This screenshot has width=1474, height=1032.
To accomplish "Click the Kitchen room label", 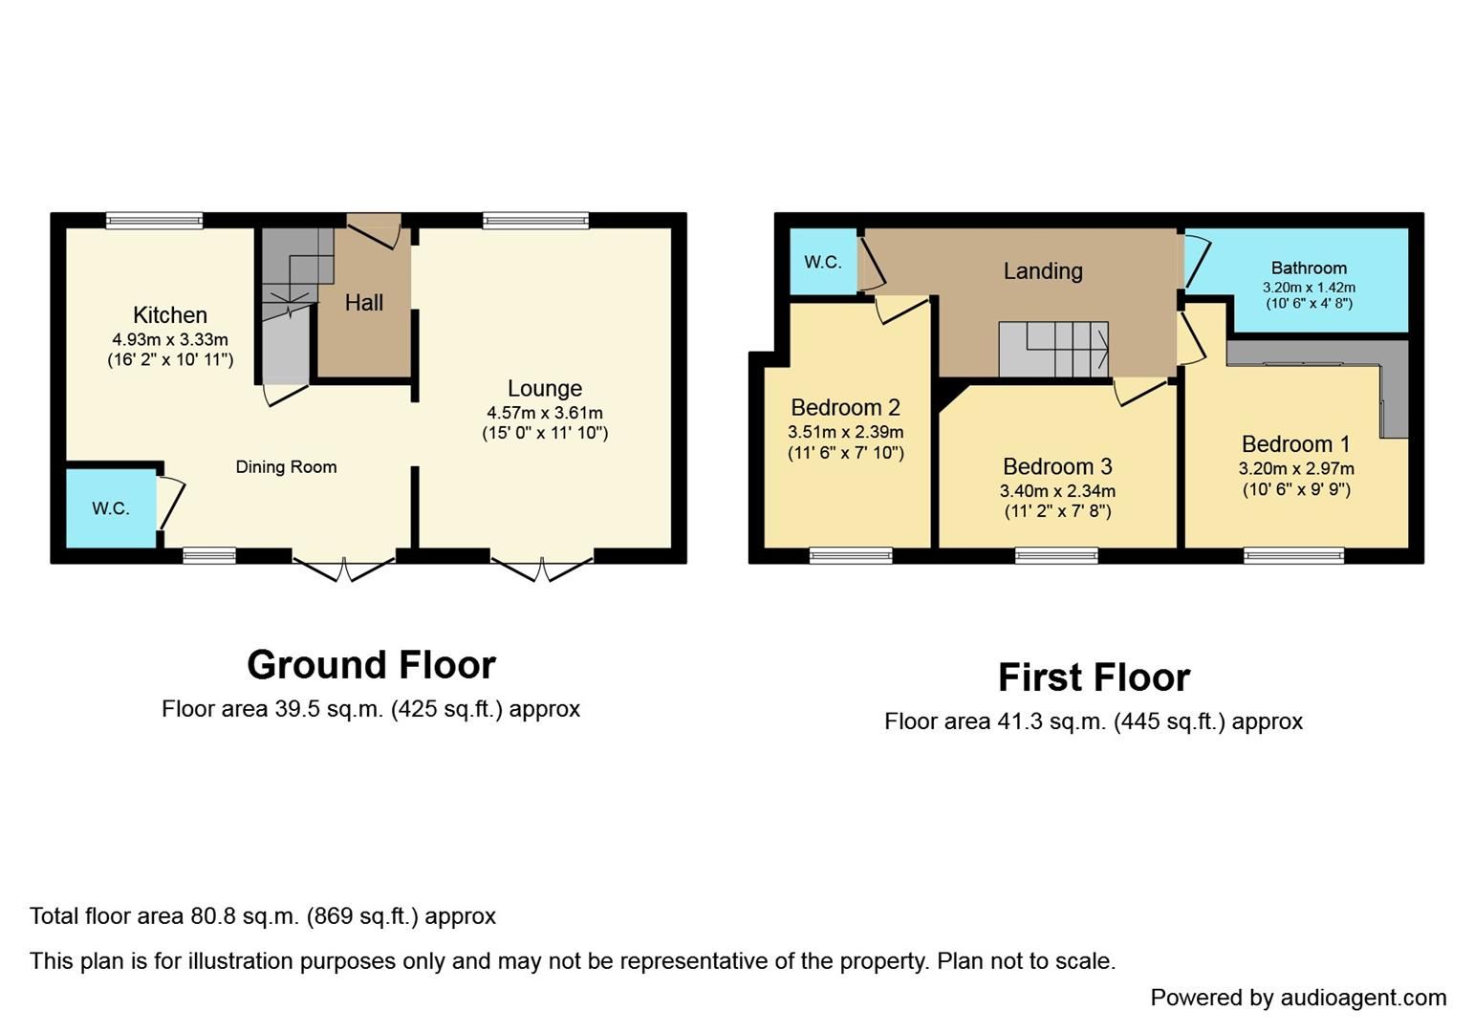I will point(169,315).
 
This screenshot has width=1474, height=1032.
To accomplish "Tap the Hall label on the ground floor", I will point(363,303).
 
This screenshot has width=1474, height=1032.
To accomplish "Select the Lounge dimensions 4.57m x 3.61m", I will point(544,413).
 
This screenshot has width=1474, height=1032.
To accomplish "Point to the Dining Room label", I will point(286,467).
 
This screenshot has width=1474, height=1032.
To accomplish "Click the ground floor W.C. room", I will point(111,508).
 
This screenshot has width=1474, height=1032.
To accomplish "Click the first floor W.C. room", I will point(822,262).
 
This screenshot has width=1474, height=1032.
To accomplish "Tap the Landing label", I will point(1043,271).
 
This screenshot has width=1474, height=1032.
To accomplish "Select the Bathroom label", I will point(1308,269).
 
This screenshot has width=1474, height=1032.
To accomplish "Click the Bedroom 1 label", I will point(1295,444).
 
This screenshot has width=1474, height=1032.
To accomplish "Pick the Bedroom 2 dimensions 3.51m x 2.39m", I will point(845,432).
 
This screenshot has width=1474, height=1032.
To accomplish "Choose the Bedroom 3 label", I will point(1057,467).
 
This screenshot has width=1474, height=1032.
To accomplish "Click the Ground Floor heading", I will point(371,665).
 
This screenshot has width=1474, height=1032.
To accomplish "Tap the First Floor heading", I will point(1094,677).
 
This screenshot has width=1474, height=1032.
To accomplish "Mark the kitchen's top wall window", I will point(154,221).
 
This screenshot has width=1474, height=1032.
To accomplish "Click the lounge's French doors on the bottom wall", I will point(542,566).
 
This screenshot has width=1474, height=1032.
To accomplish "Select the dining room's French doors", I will point(344,566).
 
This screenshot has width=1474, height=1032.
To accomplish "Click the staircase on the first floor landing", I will point(1053,350).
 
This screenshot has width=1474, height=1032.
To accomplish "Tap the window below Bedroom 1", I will point(1293,555).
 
